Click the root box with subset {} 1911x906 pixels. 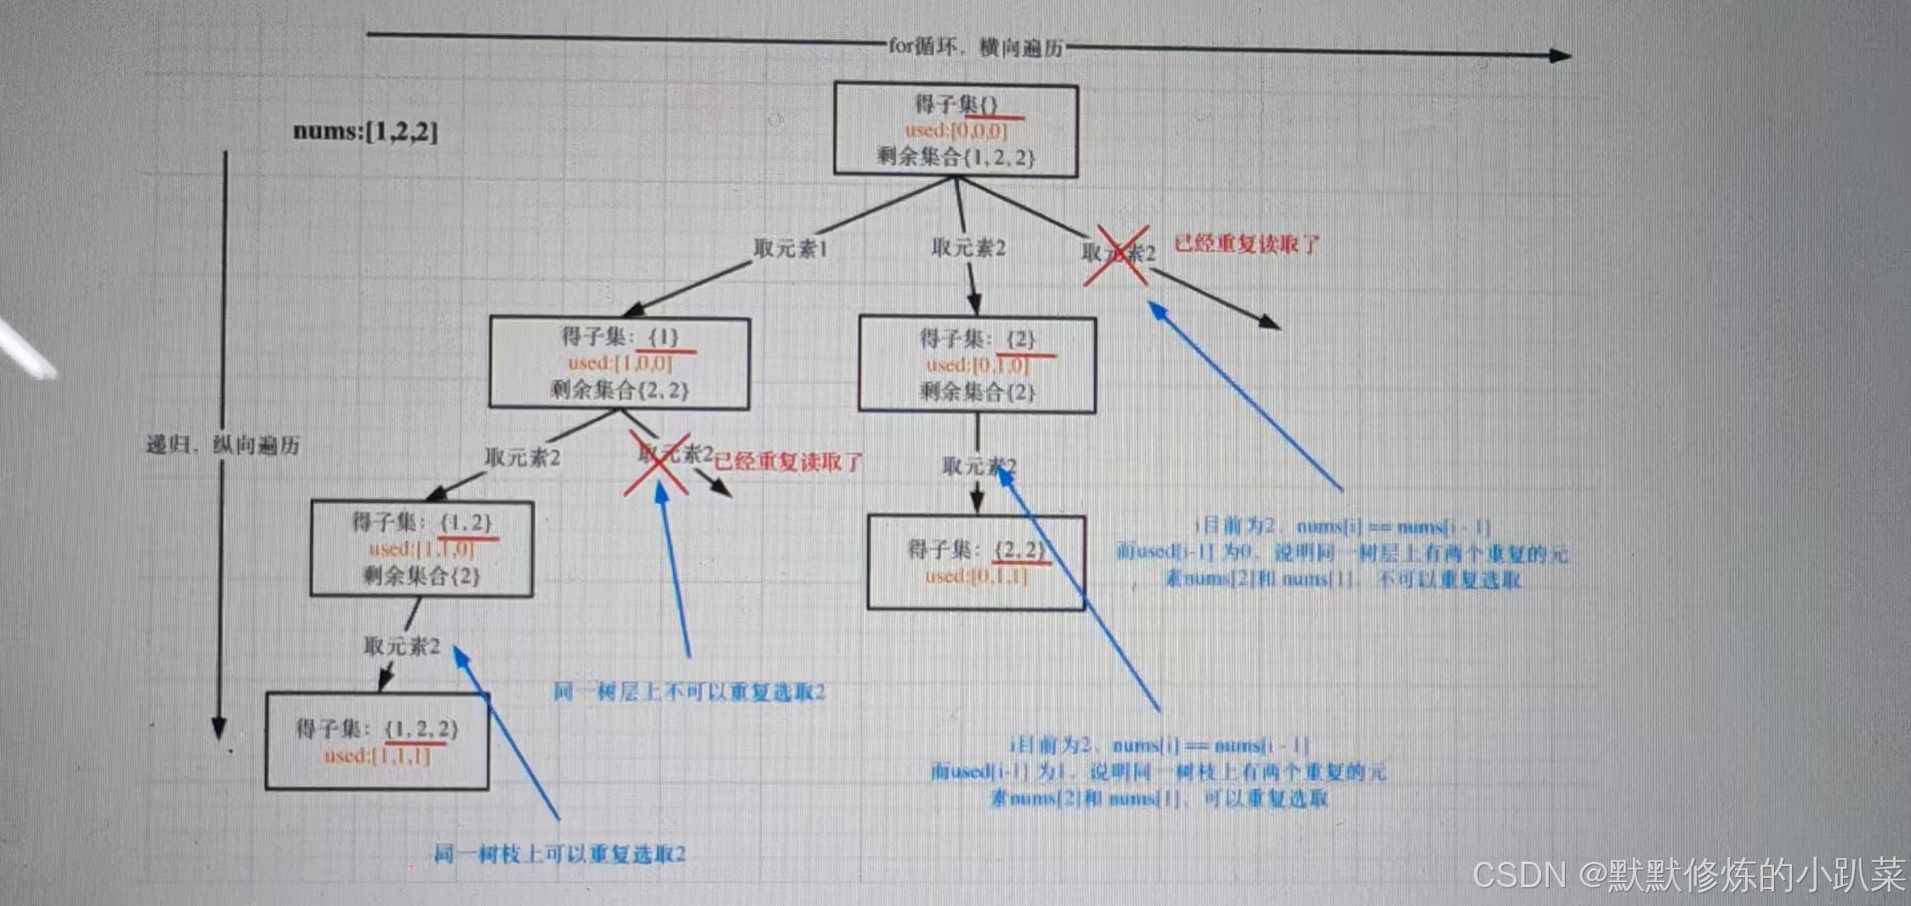955,129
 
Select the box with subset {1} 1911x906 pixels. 619,363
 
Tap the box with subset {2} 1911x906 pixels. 977,365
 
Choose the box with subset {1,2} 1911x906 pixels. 422,549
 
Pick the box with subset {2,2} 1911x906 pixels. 976,563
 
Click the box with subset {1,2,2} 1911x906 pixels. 377,741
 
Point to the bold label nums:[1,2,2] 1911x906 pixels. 366,132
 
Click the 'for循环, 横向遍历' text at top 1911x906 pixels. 975,47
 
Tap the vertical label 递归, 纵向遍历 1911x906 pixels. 223,445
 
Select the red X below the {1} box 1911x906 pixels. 657,463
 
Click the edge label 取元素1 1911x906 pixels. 790,248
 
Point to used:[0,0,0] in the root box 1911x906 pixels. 955,131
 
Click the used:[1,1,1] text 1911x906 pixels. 377,756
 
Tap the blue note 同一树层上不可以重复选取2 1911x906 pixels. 689,692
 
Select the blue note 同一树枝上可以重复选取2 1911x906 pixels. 559,853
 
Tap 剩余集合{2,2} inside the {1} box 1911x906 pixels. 619,390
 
